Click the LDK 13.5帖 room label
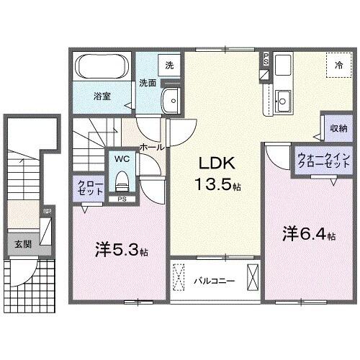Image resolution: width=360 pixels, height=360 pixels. (x=215, y=173)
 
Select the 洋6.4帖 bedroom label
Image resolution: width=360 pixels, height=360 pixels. (x=309, y=233)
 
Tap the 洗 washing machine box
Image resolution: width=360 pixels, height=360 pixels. (x=168, y=65)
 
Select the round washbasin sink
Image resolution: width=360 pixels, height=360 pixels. (x=171, y=100)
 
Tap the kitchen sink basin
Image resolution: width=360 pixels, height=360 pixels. (x=283, y=102)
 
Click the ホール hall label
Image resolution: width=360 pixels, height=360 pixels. (x=150, y=146)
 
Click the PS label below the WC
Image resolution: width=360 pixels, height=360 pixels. (x=121, y=199)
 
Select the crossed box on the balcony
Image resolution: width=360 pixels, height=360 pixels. (x=253, y=277)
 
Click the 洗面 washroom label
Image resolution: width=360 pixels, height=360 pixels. (x=148, y=82)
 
